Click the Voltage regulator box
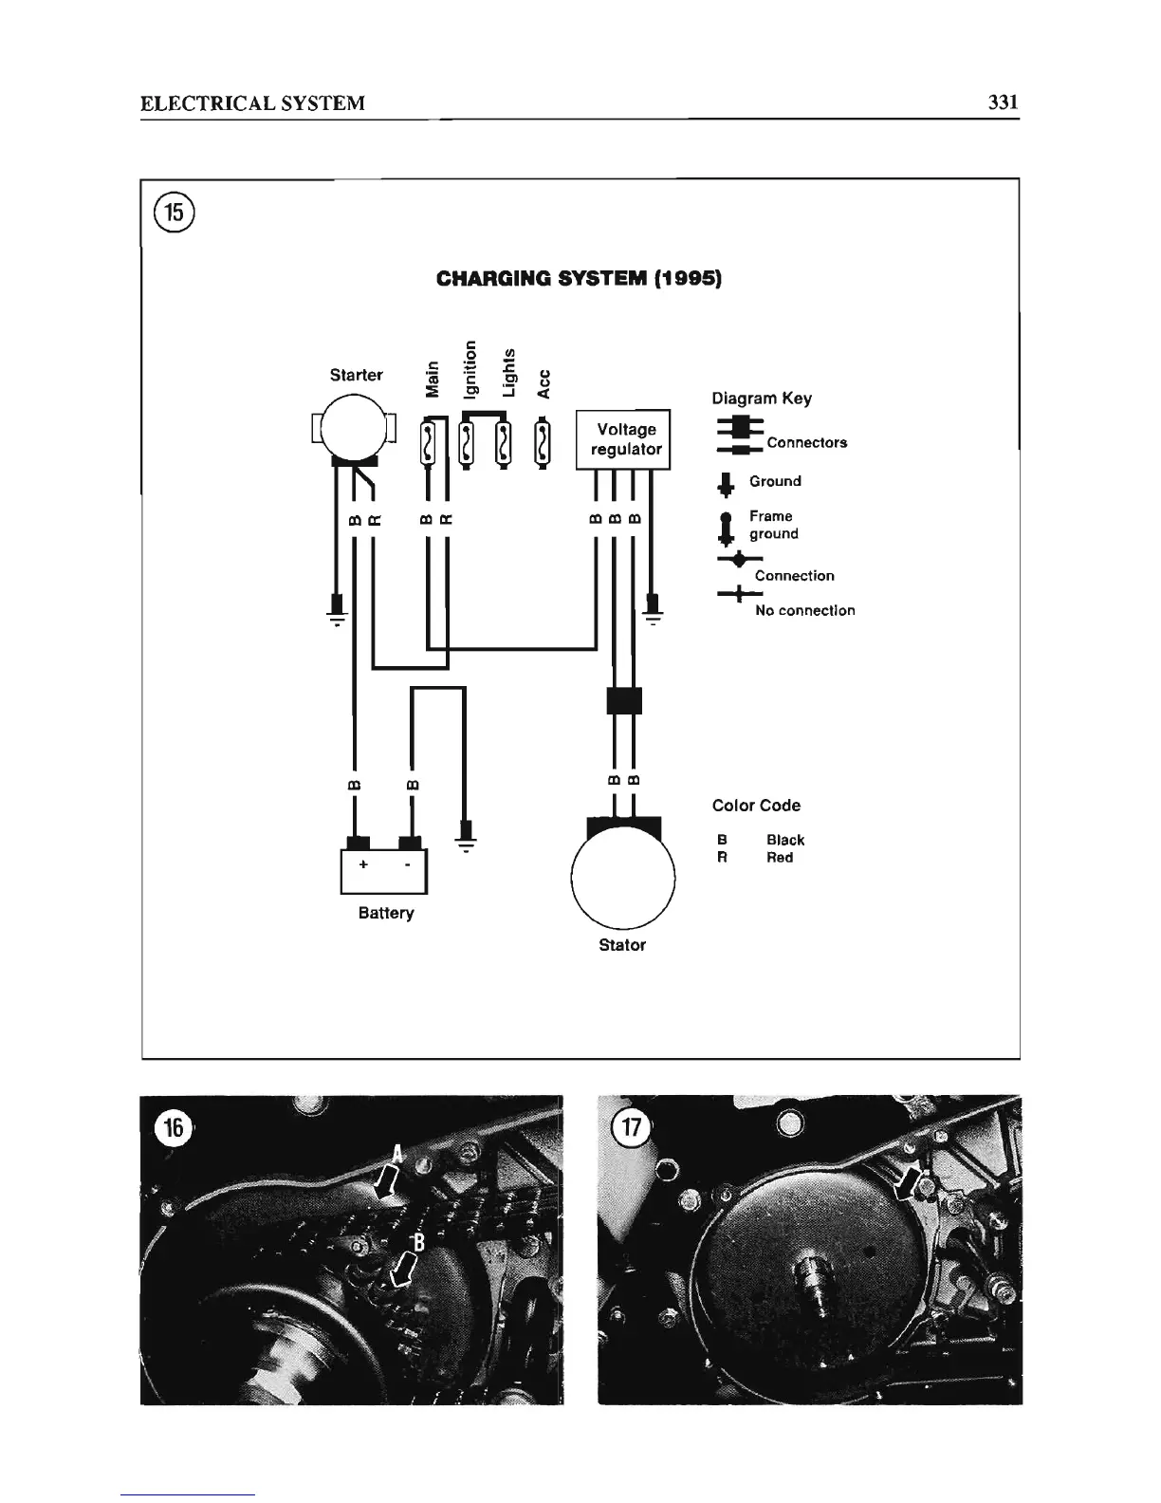click(x=624, y=439)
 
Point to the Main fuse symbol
click(x=430, y=443)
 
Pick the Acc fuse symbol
click(x=542, y=443)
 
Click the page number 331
click(x=1003, y=102)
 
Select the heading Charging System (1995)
click(x=580, y=279)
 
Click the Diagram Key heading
click(x=761, y=399)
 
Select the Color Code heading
click(x=756, y=806)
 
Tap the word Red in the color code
click(x=780, y=858)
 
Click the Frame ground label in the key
click(x=773, y=525)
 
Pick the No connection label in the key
click(x=804, y=610)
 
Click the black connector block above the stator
click(x=624, y=700)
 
